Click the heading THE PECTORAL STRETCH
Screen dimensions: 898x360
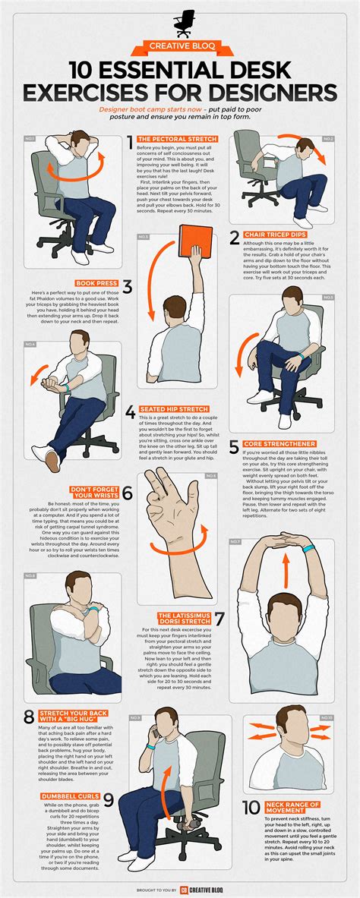pyautogui.click(x=176, y=139)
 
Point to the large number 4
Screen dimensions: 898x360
pyautogui.click(x=131, y=413)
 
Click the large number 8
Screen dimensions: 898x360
pyautogui.click(x=28, y=715)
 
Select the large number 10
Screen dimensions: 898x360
pyautogui.click(x=252, y=809)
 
